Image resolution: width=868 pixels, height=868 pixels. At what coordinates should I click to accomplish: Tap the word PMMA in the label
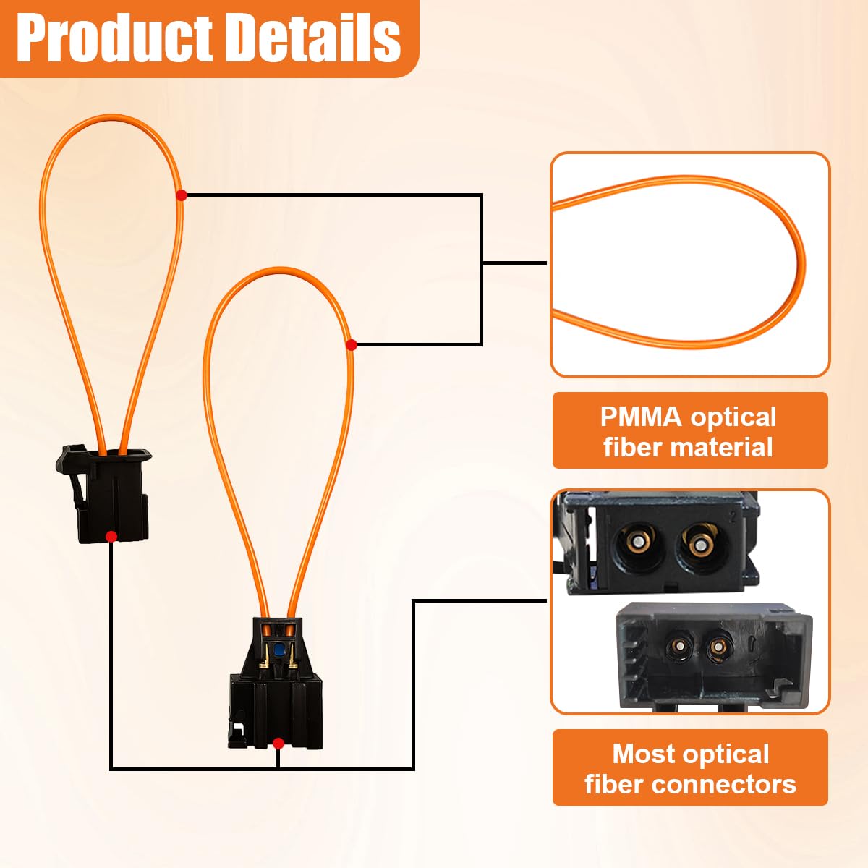[x=639, y=417]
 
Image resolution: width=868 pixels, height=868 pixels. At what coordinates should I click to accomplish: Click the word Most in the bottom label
[x=643, y=754]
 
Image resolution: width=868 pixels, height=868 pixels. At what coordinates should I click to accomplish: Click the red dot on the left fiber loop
[x=181, y=195]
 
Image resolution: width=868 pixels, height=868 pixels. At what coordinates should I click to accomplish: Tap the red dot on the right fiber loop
[x=351, y=344]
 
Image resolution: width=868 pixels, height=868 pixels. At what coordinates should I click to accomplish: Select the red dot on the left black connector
[x=111, y=536]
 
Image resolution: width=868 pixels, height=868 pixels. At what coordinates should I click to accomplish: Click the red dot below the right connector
[x=278, y=743]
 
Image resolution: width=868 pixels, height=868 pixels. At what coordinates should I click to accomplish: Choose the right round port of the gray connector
[x=718, y=645]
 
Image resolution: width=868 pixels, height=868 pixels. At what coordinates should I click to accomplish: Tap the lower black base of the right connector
[x=275, y=702]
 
